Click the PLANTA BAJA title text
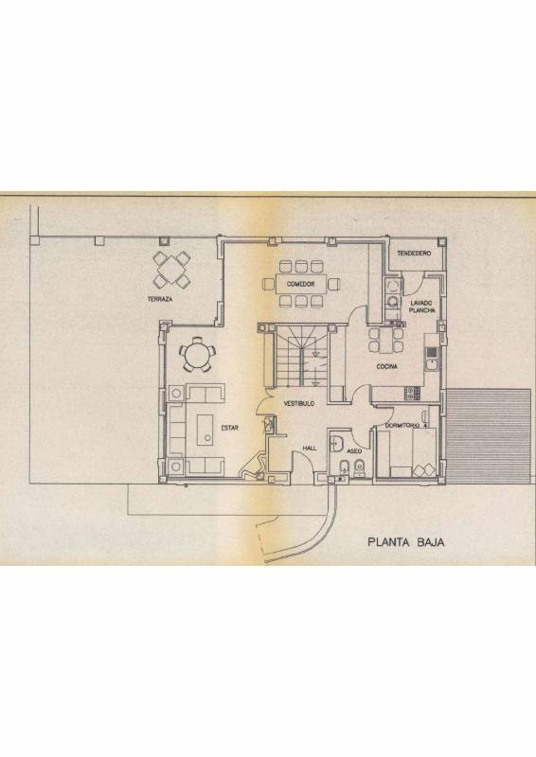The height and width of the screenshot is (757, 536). [406, 541]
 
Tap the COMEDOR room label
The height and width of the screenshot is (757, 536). [300, 284]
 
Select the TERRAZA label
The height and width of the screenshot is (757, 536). [160, 299]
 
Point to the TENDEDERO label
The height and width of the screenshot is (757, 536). [414, 253]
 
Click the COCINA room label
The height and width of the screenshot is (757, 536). [387, 367]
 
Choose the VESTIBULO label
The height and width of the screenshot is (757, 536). [299, 403]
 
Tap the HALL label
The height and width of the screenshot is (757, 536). [310, 448]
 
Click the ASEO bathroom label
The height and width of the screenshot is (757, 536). [354, 451]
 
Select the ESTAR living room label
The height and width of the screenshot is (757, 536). [229, 428]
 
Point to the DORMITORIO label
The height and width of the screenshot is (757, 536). [402, 426]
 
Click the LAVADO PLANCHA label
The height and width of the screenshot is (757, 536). [422, 307]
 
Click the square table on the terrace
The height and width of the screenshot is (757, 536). [171, 270]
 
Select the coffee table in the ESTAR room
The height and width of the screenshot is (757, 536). [205, 430]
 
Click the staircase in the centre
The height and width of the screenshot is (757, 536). [299, 356]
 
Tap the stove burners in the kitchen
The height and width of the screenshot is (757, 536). [411, 394]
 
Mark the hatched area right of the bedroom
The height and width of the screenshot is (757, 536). [488, 436]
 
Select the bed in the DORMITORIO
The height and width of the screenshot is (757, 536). [407, 453]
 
